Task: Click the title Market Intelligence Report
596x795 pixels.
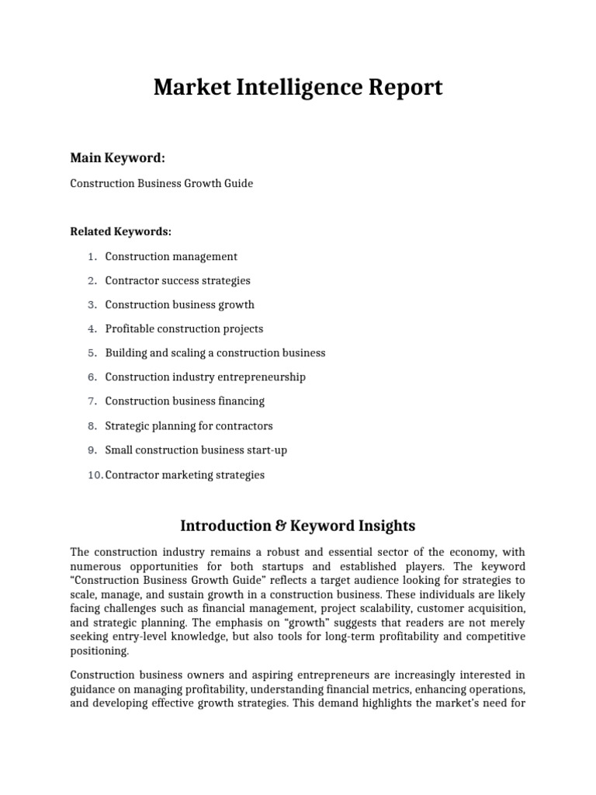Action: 298,88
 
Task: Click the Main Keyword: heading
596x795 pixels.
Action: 117,158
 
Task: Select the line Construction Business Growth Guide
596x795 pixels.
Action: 161,184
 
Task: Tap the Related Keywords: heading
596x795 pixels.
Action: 120,231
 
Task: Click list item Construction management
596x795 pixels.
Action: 171,256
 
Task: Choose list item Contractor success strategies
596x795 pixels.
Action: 178,280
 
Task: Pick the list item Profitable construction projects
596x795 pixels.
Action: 184,328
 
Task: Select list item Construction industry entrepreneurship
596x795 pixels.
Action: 205,377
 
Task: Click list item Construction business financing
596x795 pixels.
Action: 185,401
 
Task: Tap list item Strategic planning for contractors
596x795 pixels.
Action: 189,426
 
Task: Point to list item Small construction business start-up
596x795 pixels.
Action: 196,450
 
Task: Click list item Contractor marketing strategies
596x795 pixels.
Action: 185,474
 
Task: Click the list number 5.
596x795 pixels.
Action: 91,353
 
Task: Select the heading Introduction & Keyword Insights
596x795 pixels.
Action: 298,526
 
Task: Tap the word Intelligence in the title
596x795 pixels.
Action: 284,88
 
